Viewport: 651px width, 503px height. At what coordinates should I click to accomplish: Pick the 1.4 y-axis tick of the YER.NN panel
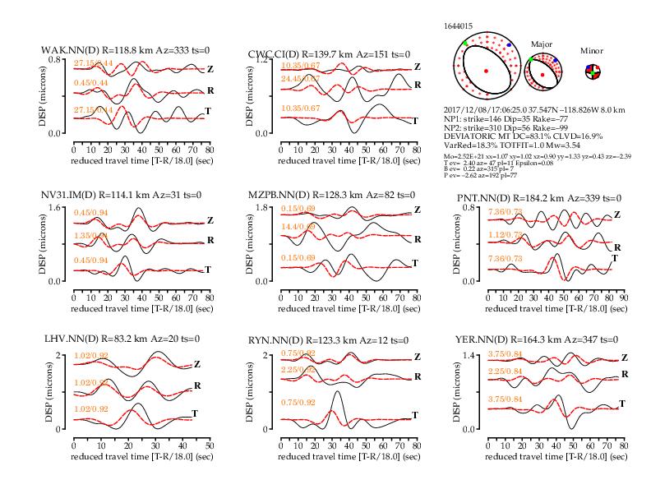coord(469,355)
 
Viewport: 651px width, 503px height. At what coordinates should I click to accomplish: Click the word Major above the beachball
coord(542,42)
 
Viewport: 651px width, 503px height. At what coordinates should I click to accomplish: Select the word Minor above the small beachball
coord(591,50)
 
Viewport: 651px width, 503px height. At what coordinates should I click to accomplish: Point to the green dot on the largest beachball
coord(464,43)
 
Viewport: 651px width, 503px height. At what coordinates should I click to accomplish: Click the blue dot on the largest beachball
coord(509,44)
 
